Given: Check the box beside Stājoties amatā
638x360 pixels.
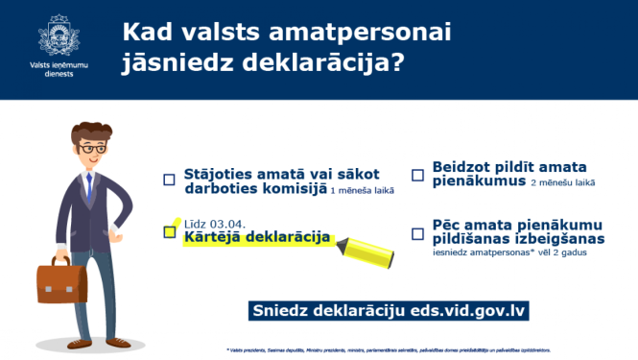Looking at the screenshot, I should click(x=169, y=180).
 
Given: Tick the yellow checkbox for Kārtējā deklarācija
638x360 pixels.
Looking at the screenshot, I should click(x=170, y=231).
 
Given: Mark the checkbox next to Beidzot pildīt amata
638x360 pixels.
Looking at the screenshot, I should click(x=417, y=175).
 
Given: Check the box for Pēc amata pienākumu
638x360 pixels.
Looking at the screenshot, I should click(x=417, y=233).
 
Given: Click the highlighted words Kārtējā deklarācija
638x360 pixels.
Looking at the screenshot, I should click(x=256, y=237).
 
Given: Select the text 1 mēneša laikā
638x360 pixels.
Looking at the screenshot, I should click(x=362, y=191).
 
